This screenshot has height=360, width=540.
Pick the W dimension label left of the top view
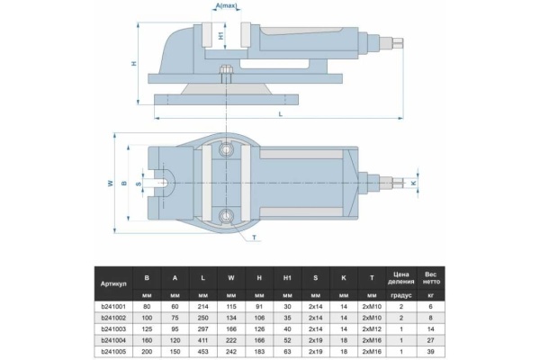click(x=110, y=183)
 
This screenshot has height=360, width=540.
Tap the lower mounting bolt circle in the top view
click(x=228, y=215)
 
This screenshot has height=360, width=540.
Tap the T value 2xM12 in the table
click(x=371, y=330)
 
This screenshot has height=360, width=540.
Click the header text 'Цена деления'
click(x=401, y=276)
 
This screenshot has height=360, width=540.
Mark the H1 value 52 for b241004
click(x=287, y=343)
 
